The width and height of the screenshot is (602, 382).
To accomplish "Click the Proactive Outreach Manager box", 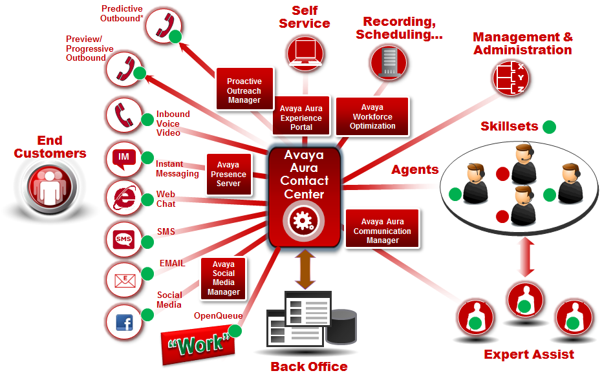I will click(244, 91).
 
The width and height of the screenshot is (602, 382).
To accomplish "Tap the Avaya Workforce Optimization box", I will click(373, 116).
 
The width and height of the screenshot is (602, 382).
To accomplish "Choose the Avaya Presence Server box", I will click(228, 174).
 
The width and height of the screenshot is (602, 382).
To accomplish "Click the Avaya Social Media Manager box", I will click(223, 278).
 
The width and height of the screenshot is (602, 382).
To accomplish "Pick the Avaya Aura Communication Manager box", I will click(382, 231).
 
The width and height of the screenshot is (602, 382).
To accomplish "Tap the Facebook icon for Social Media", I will click(124, 321).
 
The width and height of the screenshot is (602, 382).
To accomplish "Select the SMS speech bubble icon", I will click(123, 240).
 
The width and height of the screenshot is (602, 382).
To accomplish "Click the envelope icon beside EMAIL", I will click(123, 281).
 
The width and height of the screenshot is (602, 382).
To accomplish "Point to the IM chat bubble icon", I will click(123, 158).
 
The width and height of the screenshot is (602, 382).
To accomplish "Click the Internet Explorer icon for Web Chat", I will click(123, 198).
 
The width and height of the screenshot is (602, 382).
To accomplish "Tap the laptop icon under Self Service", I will click(303, 51).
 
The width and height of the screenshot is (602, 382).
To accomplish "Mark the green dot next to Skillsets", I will click(549, 127).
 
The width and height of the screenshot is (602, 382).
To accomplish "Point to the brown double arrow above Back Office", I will click(304, 268).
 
